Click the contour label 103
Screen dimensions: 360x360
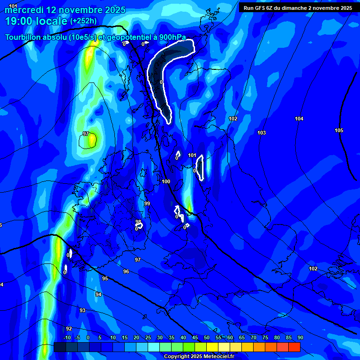(x=262, y=133)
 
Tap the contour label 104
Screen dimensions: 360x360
(x=299, y=119)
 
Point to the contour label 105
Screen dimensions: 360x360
(x=339, y=130)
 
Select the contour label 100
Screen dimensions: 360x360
(x=166, y=181)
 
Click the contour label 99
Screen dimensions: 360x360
(x=147, y=203)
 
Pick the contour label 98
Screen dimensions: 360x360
(x=138, y=222)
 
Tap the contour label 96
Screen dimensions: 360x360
(x=126, y=271)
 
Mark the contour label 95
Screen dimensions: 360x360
(x=105, y=279)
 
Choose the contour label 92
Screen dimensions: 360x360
(x=69, y=329)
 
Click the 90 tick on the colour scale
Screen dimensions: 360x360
(x=300, y=337)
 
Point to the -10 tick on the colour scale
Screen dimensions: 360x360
(x=67, y=337)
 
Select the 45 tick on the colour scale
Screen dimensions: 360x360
(x=195, y=337)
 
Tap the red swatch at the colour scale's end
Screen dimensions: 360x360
(x=294, y=347)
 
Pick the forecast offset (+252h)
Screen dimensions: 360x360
(x=83, y=21)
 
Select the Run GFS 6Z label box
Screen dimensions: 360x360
(x=298, y=7)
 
